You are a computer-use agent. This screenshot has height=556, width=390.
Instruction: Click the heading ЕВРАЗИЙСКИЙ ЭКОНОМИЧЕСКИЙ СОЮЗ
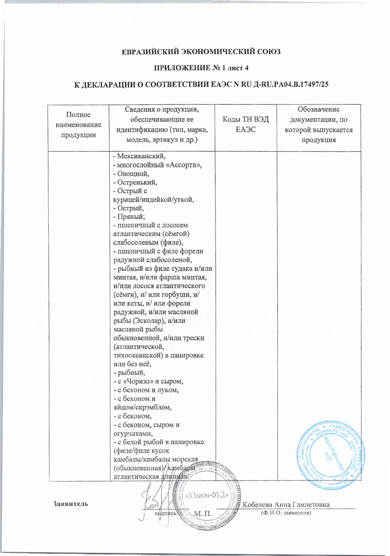tap(201, 52)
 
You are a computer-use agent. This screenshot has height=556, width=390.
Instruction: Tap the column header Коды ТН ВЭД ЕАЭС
tap(245, 124)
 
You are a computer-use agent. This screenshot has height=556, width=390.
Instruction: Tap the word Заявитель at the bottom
tap(70, 504)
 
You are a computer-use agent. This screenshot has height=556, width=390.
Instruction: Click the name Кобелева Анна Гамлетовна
tap(286, 504)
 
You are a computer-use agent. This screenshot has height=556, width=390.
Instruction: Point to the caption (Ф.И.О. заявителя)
tap(286, 513)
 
